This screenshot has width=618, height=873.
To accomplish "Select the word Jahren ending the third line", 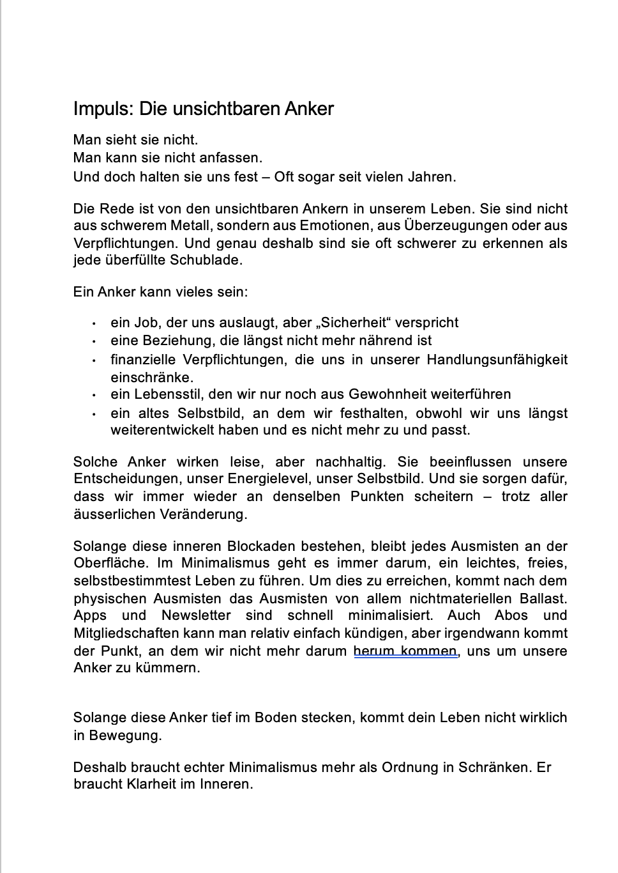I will (x=433, y=176).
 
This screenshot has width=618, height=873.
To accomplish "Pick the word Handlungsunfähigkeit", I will (x=497, y=360).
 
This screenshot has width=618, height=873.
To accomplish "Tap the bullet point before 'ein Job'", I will (x=94, y=324).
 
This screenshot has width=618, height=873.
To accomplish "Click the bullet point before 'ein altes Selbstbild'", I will (x=94, y=414).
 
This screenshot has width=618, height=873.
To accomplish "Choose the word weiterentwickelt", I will (x=162, y=430).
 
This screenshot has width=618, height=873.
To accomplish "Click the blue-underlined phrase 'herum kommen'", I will (x=405, y=651).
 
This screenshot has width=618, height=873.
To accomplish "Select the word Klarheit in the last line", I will (x=146, y=784).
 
